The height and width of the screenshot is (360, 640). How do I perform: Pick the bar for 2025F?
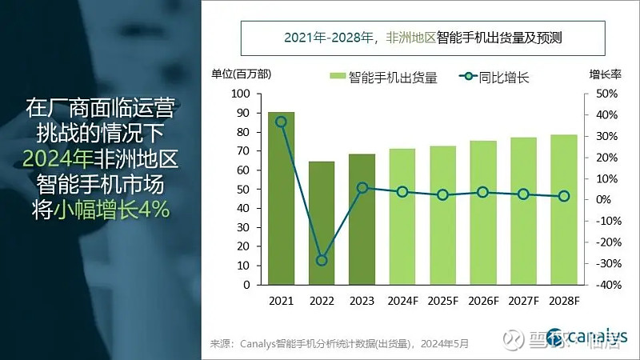point(442,215)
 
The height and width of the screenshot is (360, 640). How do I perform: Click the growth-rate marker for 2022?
point(322,260)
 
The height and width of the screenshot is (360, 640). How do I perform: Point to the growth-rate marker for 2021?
point(281,122)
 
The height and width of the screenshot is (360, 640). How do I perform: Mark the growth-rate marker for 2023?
point(362,188)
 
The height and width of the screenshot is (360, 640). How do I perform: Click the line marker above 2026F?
point(482,192)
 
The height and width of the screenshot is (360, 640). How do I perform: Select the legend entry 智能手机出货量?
point(384,78)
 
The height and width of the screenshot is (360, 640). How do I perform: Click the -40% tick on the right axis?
point(603,285)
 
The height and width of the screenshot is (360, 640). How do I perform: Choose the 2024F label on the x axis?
point(402,302)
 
